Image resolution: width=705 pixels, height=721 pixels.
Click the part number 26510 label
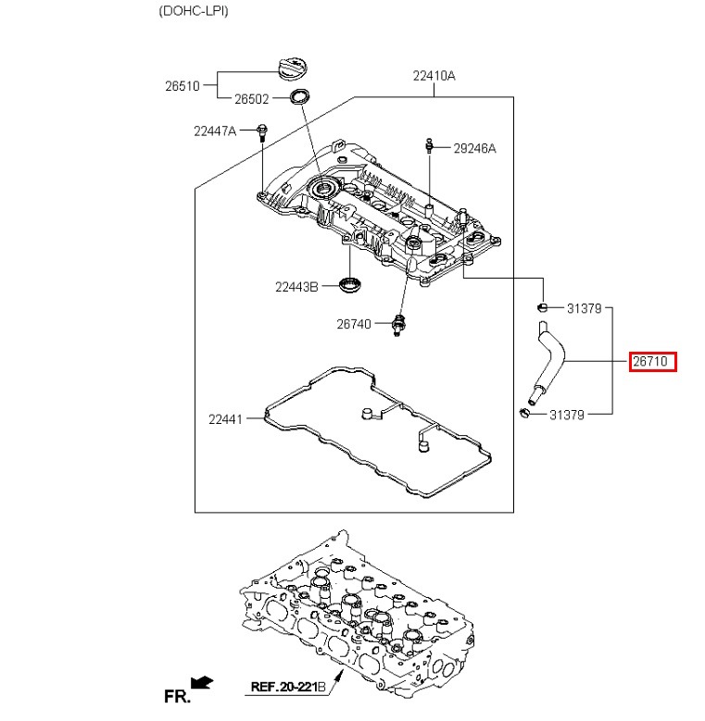183,86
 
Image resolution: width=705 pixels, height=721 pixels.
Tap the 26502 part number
251,99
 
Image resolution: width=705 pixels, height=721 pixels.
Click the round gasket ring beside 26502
299,96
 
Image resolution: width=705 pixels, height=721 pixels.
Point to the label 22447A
215,131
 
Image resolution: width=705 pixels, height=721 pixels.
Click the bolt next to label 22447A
262,132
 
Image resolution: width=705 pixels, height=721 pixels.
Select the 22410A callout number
434,75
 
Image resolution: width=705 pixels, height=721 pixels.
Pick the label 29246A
474,148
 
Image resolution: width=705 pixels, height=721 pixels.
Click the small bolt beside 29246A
429,145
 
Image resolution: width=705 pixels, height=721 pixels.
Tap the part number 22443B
296,287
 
